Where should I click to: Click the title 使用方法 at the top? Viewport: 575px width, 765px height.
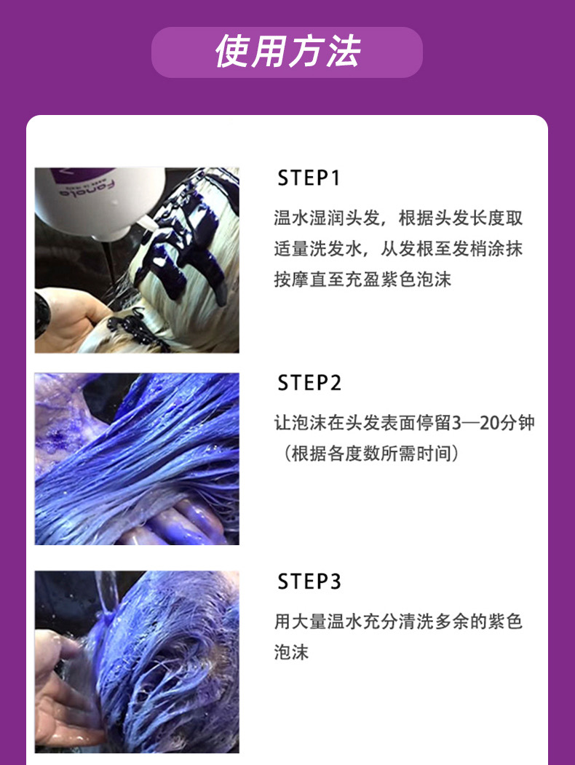click(x=287, y=52)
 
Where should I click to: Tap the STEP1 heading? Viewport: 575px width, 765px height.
click(x=308, y=178)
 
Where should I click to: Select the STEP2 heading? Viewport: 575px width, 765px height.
click(x=309, y=383)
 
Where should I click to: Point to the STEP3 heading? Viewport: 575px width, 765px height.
click(x=309, y=581)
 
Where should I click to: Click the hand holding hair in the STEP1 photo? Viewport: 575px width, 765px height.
click(x=68, y=320)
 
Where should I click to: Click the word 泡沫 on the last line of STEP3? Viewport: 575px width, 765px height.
click(x=291, y=652)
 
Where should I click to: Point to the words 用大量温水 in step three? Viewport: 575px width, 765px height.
click(x=318, y=622)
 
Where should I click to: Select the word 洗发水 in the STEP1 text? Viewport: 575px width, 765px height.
click(x=336, y=249)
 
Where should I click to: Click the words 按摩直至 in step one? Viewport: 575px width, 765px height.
click(x=309, y=280)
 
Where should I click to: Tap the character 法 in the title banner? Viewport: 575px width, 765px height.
click(x=344, y=52)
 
